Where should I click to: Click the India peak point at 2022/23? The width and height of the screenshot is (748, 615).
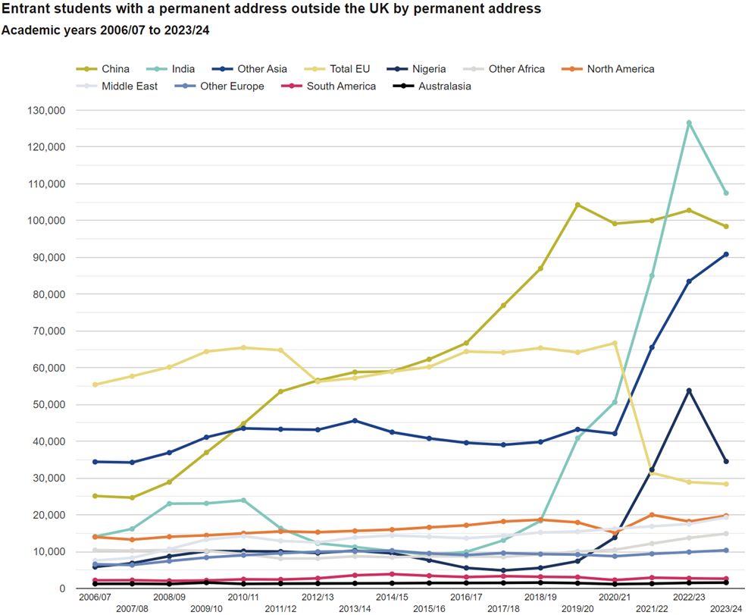[689, 123]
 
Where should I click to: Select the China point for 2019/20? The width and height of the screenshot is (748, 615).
[577, 205]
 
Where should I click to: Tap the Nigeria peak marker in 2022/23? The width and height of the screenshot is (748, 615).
[689, 391]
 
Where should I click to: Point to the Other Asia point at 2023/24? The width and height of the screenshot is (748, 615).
[726, 254]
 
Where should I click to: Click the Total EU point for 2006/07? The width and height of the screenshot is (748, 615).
[95, 384]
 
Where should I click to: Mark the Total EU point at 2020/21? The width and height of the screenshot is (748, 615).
[615, 343]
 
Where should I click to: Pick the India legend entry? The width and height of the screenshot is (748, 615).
[177, 69]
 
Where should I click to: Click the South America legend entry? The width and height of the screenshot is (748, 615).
[340, 86]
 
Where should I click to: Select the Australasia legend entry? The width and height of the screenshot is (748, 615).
[443, 86]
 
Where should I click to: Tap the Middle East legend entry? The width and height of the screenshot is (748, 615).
[129, 86]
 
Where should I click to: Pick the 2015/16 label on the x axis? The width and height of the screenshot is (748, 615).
[429, 609]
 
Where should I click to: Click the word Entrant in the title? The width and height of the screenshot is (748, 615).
[29, 10]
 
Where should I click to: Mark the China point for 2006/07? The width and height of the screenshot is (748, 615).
[95, 496]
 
